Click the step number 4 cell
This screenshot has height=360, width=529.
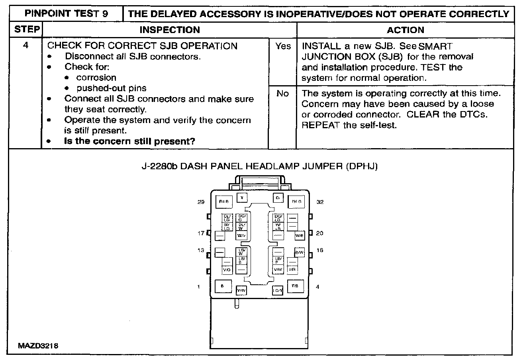coord(25,45)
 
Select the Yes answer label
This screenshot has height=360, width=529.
coord(283,46)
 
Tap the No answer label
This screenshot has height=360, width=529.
coord(282,94)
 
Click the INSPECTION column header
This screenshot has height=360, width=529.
coord(170,30)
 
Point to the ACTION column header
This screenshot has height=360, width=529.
coord(406,30)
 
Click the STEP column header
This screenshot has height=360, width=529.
coord(27,29)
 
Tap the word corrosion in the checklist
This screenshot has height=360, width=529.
coord(96,77)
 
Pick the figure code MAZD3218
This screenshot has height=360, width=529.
coord(38,346)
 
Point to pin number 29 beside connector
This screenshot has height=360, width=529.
coord(201,202)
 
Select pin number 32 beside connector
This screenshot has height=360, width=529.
coord(320,202)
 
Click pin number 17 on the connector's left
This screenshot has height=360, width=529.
coord(201,233)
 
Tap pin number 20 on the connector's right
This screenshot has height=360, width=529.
coord(320,233)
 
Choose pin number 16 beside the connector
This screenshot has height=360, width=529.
coord(320,250)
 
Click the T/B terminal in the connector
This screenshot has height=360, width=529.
coord(295,286)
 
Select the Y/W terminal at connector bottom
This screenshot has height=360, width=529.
coord(241,291)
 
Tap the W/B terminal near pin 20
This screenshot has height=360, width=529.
coord(300,236)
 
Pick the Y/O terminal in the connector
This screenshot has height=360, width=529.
coord(227,270)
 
